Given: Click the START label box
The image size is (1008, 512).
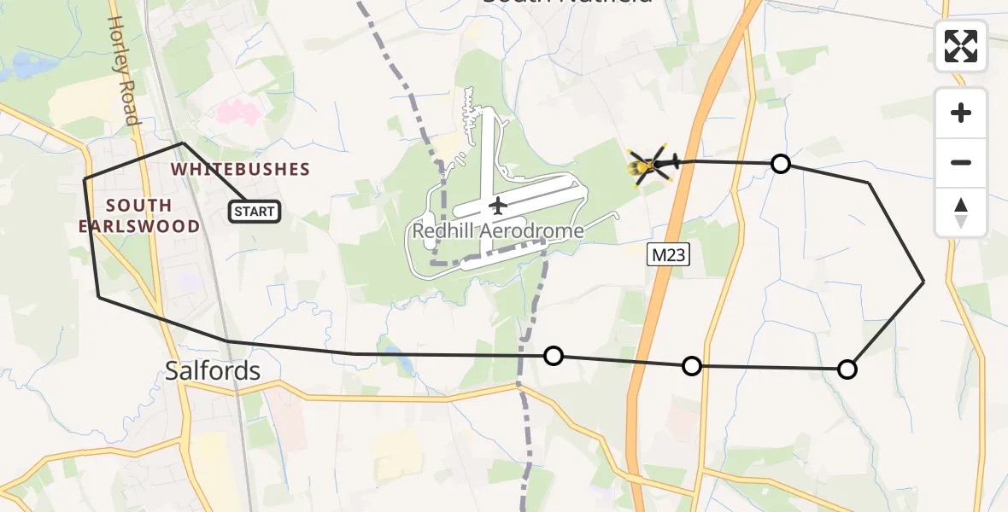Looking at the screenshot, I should click(255, 212).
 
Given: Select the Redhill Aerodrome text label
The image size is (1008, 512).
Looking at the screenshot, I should click(498, 231).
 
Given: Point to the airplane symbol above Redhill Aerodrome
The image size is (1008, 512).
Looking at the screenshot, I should click(496, 206).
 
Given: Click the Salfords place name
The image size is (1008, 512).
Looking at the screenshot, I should click(212, 370).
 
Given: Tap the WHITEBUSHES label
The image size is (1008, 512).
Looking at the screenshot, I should click(240, 169).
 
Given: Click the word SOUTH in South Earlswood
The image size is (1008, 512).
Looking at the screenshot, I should click(139, 206).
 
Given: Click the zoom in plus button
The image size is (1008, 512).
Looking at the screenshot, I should click(961, 113).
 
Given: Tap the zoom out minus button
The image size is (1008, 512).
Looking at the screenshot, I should click(961, 162).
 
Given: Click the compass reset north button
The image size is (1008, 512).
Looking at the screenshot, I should click(961, 212).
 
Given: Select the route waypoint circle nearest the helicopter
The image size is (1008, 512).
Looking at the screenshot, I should click(780, 164).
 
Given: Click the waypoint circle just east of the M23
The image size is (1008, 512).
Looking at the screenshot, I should click(692, 366).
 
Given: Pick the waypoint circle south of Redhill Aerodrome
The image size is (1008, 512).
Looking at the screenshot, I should click(554, 356).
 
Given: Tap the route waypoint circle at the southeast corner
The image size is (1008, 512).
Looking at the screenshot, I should click(847, 369).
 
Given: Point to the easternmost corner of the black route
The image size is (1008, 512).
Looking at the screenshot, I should click(923, 281).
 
